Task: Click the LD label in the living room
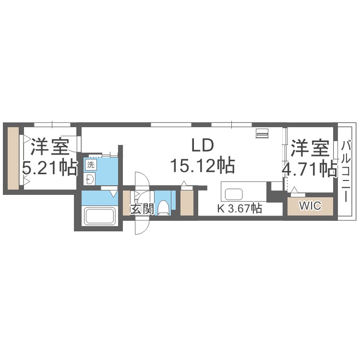pyautogui.click(x=203, y=145)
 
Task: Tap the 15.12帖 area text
pyautogui.click(x=203, y=165)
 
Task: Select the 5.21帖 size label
pyautogui.click(x=49, y=168)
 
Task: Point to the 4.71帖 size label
pyautogui.click(x=310, y=169)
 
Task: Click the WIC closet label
pyautogui.click(x=310, y=206)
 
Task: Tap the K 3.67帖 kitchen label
pyautogui.click(x=240, y=208)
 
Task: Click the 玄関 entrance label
pyautogui.click(x=142, y=209)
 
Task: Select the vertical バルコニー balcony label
pyautogui.click(x=346, y=171)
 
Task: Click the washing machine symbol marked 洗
pyautogui.click(x=91, y=165)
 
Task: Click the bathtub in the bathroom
pyautogui.click(x=100, y=216)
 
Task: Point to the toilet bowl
pyautogui.click(x=164, y=207)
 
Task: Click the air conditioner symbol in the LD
pyautogui.click(x=262, y=133)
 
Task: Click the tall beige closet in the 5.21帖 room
pyautogui.click(x=13, y=158)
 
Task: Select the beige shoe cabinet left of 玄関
pyautogui.click(x=127, y=203)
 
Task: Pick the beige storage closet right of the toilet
pyautogui.click(x=187, y=203)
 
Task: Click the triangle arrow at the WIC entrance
pyautogui.click(x=294, y=190)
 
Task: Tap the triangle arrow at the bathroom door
pyautogui.click(x=113, y=194)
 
